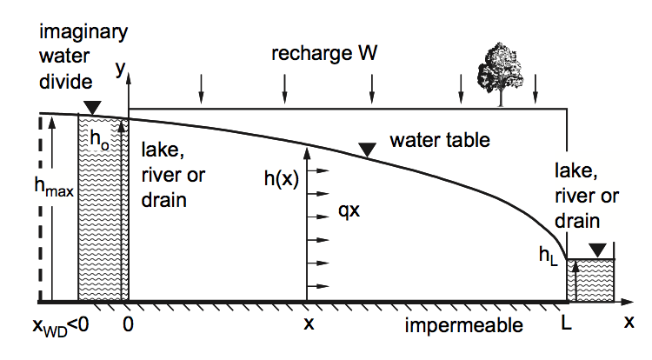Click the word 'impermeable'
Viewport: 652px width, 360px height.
[463, 325]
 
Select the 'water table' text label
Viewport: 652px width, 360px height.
[440, 138]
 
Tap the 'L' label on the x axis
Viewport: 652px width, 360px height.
[568, 323]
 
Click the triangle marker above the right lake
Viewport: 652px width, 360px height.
[596, 250]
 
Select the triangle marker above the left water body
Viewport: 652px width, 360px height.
[91, 107]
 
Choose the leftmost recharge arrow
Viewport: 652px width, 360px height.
[201, 86]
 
